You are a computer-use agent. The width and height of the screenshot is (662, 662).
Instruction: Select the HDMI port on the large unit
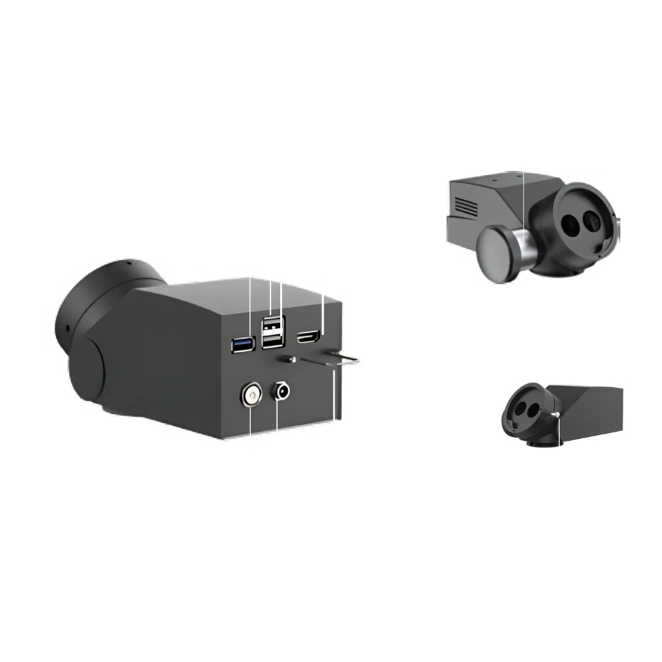307,337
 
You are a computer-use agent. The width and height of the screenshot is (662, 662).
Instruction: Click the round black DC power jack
282,390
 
